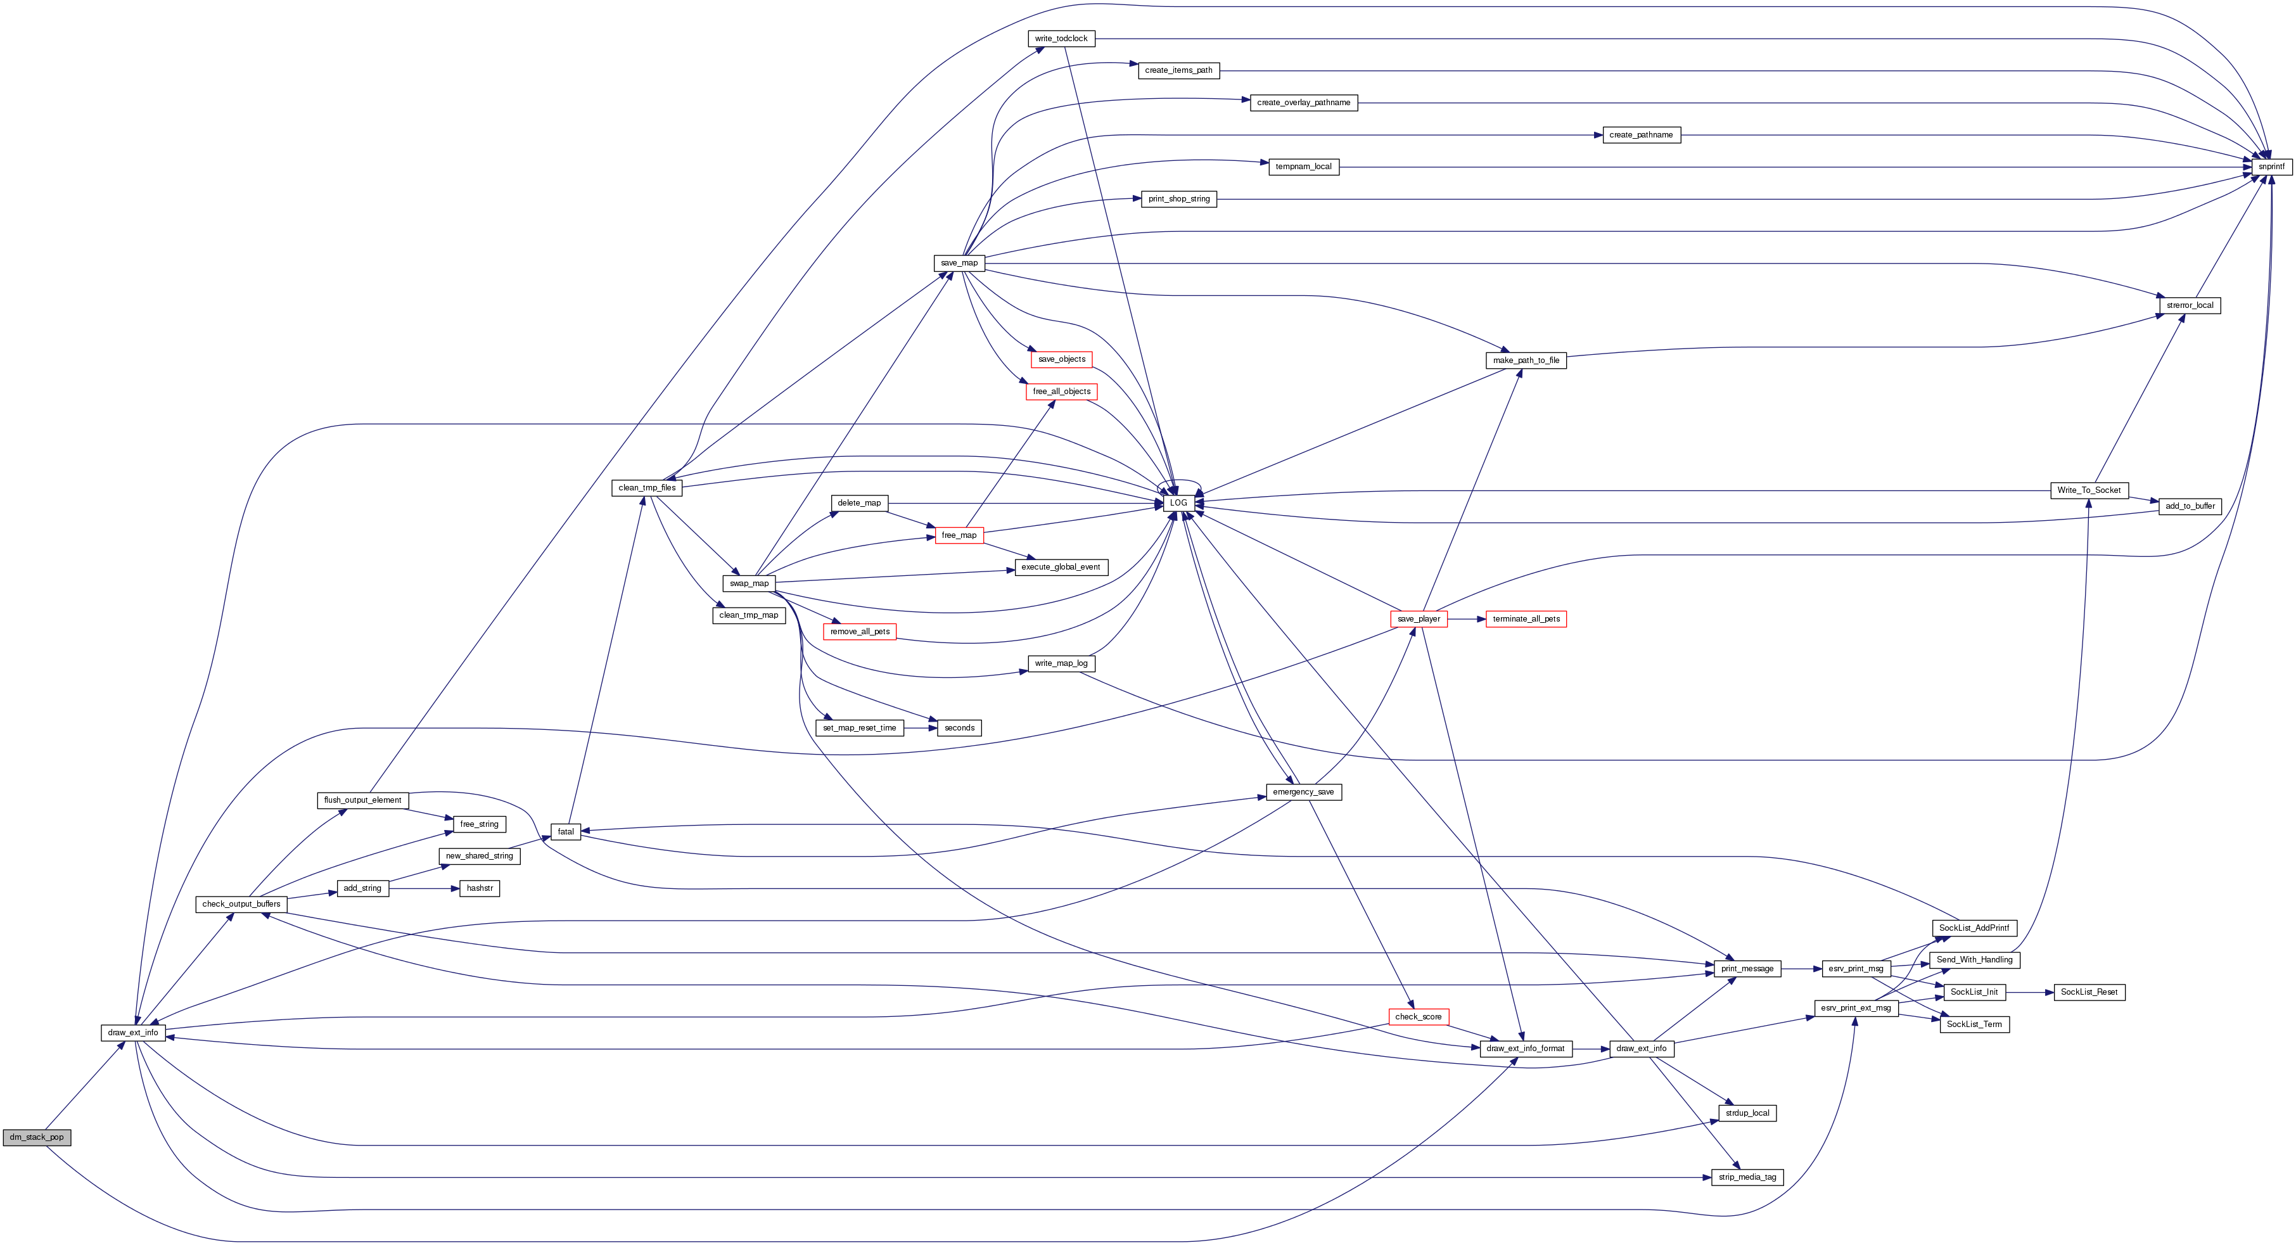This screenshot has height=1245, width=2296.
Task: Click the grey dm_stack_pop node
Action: pyautogui.click(x=37, y=1137)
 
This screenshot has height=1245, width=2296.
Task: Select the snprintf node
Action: pyautogui.click(x=2271, y=167)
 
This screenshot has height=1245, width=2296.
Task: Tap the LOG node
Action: pyautogui.click(x=1178, y=502)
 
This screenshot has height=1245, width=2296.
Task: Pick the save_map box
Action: pyautogui.click(x=959, y=263)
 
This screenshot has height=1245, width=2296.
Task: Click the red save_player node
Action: pyautogui.click(x=1418, y=618)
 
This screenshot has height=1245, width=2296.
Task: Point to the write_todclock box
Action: pyautogui.click(x=1061, y=38)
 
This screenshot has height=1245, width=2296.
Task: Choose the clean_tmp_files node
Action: pyautogui.click(x=647, y=487)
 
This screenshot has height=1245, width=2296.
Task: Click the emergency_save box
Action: pyautogui.click(x=1303, y=792)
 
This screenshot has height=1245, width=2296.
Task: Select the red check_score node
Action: pyautogui.click(x=1418, y=1017)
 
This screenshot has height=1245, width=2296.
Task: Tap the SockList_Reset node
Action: pyautogui.click(x=2089, y=992)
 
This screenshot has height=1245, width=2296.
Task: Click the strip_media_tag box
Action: pyautogui.click(x=1747, y=1177)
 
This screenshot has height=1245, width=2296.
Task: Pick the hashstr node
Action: pyautogui.click(x=480, y=888)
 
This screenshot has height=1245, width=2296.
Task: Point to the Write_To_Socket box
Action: pyautogui.click(x=2089, y=490)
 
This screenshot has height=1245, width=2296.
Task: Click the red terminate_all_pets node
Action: pyautogui.click(x=1526, y=618)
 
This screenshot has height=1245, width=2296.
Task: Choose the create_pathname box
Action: pyautogui.click(x=1641, y=134)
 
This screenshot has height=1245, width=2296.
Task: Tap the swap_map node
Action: pyautogui.click(x=749, y=584)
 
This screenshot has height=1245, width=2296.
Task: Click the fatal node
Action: pyautogui.click(x=566, y=831)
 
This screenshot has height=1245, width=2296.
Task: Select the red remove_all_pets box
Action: pyautogui.click(x=859, y=632)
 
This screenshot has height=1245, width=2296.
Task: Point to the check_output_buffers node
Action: pyautogui.click(x=241, y=903)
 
